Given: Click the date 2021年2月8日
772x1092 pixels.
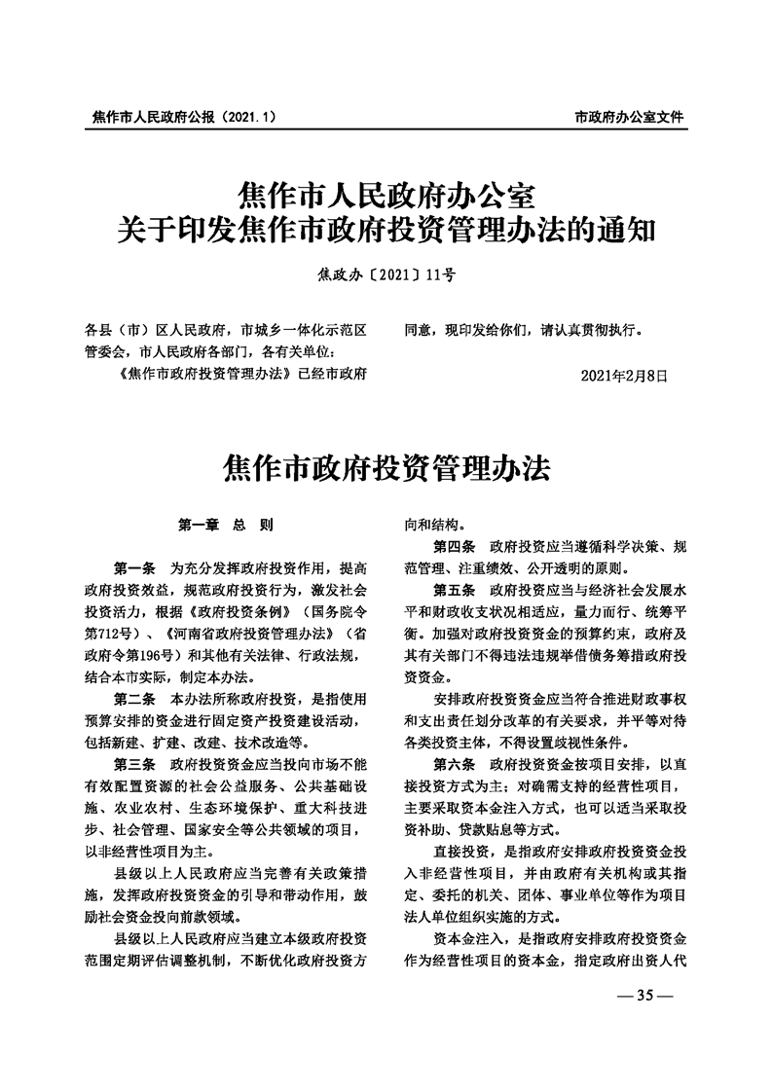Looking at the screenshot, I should click(x=623, y=374).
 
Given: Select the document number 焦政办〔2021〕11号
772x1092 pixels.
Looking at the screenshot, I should click(x=386, y=275).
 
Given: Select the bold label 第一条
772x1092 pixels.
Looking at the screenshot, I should click(x=134, y=567).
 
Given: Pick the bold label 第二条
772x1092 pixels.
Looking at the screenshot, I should click(x=134, y=700).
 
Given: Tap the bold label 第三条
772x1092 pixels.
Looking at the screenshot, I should click(x=134, y=766).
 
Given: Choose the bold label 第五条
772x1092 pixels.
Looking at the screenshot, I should click(x=455, y=590).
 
